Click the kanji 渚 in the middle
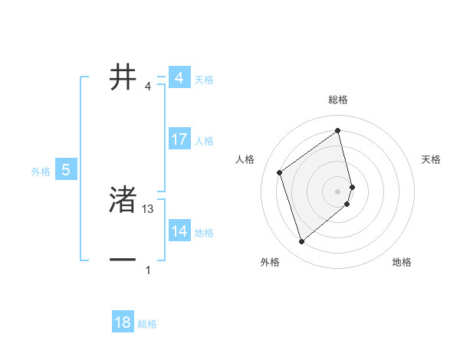point(123,201)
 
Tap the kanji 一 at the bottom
point(123,260)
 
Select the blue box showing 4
point(179,78)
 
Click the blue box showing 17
point(179,139)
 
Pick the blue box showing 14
point(179,231)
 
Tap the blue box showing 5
point(66,170)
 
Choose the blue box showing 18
point(123,322)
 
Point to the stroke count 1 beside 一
point(148,270)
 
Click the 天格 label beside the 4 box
point(204,80)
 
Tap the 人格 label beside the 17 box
point(204,141)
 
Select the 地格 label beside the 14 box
point(204,233)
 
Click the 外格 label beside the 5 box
point(41,172)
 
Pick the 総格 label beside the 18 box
point(147,324)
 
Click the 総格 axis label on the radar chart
point(338,100)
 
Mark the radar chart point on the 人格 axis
point(280,172)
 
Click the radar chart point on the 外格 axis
point(301,242)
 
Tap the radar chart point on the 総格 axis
point(338,130)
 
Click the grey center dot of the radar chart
point(338,190)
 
